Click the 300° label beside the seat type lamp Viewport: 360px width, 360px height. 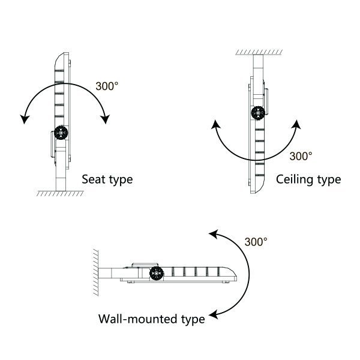point(107,85)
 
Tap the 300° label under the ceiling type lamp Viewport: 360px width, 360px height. point(301,156)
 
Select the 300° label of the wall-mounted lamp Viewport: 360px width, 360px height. point(256,242)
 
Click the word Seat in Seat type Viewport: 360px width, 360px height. point(93,179)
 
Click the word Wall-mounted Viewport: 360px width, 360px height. point(129,319)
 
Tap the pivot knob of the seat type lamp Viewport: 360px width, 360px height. point(61,133)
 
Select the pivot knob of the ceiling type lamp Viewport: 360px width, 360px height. point(257,112)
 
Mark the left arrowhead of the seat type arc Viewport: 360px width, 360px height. point(24,119)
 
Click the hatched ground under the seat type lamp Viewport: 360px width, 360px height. point(60,194)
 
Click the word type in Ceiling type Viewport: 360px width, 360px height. point(328,179)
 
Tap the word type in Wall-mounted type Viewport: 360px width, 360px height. point(188,319)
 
